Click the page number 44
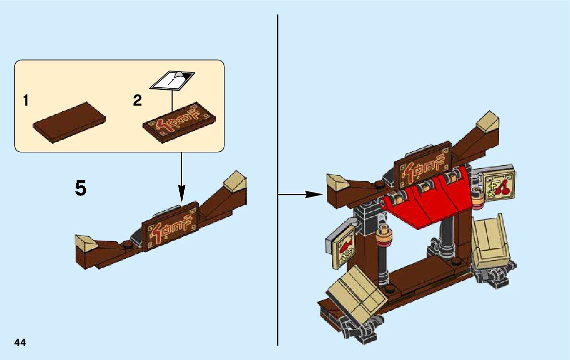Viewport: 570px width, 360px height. [20, 342]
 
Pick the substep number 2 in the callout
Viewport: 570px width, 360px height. [137, 101]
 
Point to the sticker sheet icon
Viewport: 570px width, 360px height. [172, 80]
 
